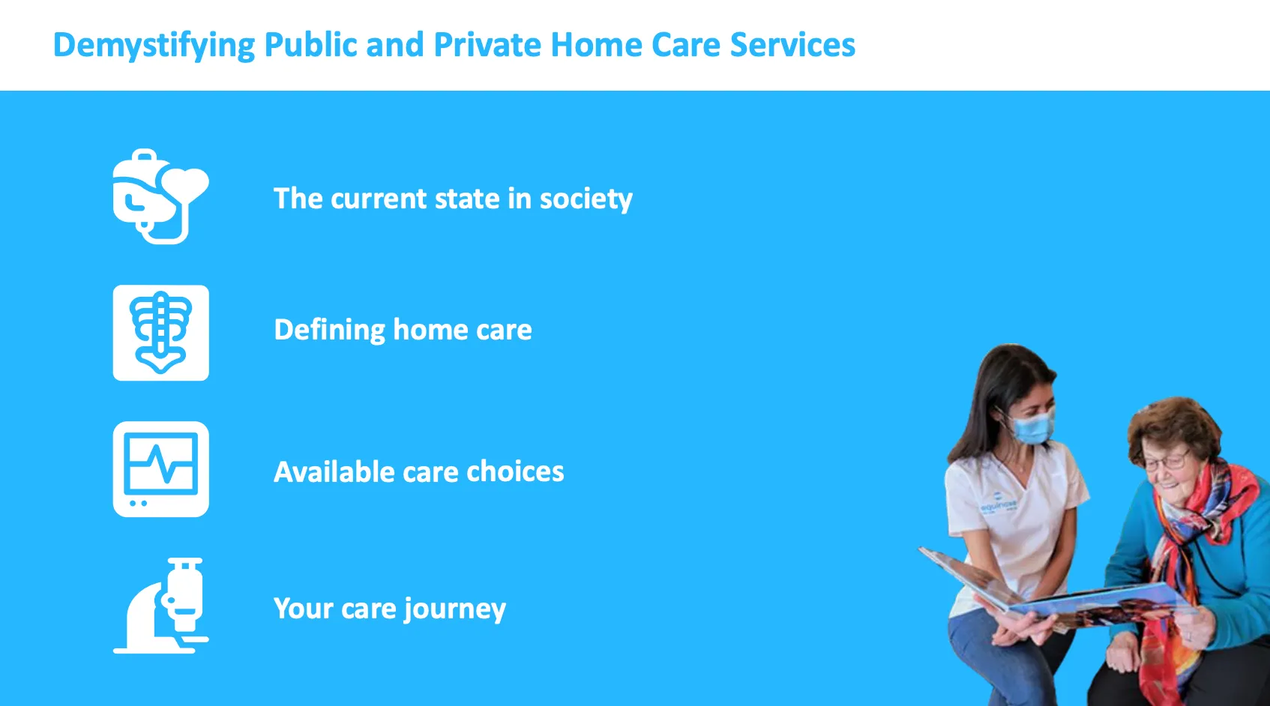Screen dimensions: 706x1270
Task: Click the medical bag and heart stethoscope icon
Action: pos(160,196)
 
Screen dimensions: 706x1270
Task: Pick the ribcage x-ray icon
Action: pos(160,333)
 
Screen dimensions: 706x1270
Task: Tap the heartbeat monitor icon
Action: pos(160,469)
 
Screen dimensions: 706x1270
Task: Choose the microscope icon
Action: pos(160,606)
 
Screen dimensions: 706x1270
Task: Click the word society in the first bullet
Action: pos(586,199)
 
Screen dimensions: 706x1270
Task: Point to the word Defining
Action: pos(329,331)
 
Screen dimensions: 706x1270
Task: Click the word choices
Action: pos(515,472)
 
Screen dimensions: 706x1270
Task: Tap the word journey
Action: pos(454,609)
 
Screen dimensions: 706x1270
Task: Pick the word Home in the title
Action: pos(596,45)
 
